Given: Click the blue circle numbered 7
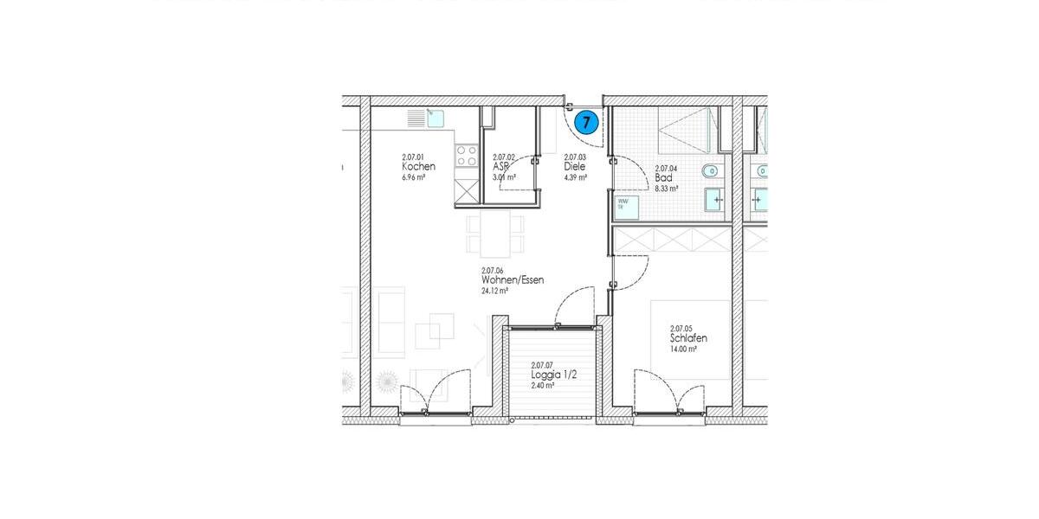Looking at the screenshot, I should click(586, 123).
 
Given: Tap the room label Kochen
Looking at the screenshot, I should click(418, 167).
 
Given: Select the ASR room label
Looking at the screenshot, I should click(500, 167).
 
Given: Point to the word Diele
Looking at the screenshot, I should click(575, 167).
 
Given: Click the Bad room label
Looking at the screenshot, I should click(663, 177).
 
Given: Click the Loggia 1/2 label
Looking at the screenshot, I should click(554, 375).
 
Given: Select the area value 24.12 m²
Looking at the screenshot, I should click(494, 292).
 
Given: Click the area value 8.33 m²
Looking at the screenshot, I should click(666, 188).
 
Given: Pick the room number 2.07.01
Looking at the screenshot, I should click(414, 157).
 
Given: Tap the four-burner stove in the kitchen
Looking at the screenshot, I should click(467, 157).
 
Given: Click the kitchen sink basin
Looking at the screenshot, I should click(436, 117).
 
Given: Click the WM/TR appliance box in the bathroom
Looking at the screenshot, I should click(627, 208).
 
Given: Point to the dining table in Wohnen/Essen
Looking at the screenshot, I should click(496, 234).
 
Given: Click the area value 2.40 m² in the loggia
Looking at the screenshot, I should click(542, 386).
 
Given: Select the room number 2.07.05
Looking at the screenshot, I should click(682, 329).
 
